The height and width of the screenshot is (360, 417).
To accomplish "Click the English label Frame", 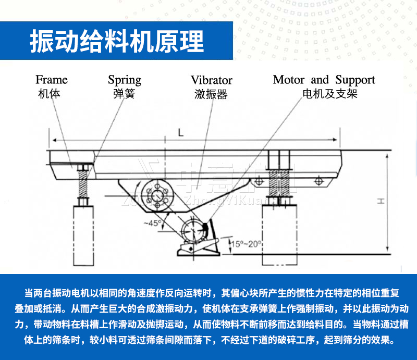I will coord(52,80).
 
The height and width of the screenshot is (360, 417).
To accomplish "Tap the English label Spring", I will coord(125,80).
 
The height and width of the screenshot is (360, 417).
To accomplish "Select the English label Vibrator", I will coord(211,80).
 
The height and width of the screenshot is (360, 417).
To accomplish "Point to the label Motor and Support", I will coord(324,80).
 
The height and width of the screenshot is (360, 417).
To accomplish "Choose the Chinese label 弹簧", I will coord(124,94).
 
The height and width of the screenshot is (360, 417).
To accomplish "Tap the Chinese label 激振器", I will coord(211,95).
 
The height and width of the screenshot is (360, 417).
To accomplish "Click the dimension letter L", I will coord(180,133).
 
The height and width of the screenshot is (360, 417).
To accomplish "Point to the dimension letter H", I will coord(381,201).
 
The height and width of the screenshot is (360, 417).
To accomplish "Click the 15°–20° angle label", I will coord(247,243).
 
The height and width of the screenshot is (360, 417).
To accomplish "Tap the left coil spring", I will coord(82,184).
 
